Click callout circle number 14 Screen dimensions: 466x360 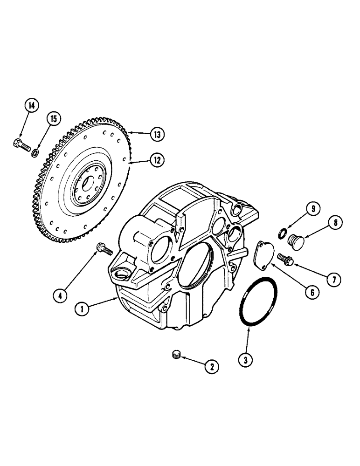coord(31,106)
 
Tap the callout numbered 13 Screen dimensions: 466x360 coord(158,135)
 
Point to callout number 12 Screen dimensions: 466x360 coord(156,160)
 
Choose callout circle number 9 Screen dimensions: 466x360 coord(312,210)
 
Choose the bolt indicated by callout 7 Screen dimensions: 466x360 coord(284,258)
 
